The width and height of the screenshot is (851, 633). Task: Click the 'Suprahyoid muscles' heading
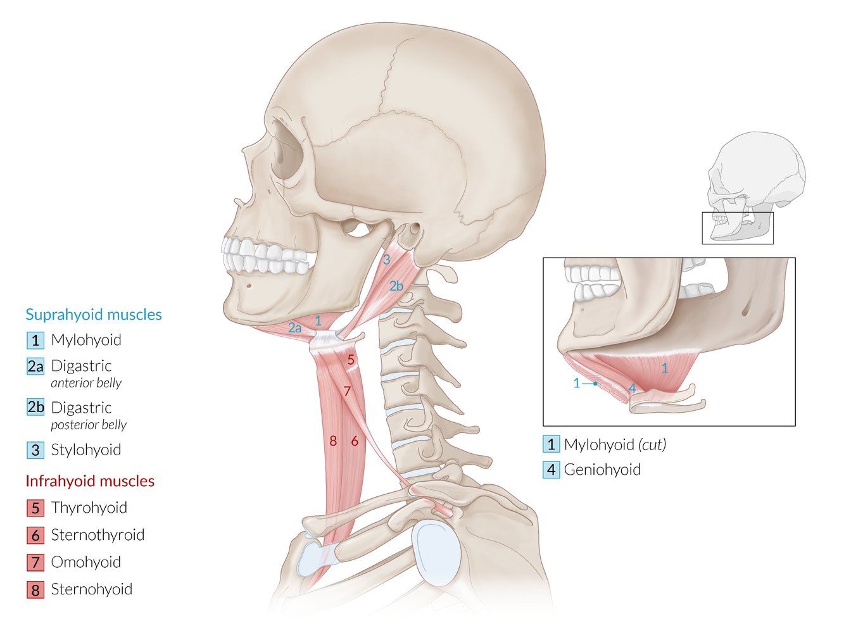[94, 315]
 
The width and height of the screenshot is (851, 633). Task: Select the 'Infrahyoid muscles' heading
[90, 481]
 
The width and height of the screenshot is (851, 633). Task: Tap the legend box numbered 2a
[35, 367]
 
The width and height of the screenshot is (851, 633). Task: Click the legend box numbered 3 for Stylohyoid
[35, 450]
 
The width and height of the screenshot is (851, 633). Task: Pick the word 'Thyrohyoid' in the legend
[89, 508]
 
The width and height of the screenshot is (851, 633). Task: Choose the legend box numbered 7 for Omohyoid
[35, 562]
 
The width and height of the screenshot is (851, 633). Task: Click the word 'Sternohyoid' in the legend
[92, 589]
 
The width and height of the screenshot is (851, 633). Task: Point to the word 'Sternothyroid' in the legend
[98, 535]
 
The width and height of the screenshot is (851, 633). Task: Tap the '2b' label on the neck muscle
[396, 286]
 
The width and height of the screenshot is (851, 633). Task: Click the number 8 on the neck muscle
[333, 441]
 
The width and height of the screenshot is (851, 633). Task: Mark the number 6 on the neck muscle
[355, 441]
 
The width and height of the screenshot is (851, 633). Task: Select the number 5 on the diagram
[350, 360]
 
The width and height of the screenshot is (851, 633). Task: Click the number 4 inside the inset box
[632, 388]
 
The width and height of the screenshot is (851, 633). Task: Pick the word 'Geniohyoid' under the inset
[602, 470]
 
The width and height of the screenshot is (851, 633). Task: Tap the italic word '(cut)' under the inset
[652, 444]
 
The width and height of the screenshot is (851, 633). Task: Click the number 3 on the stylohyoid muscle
[386, 260]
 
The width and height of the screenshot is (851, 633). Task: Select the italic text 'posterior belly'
[89, 425]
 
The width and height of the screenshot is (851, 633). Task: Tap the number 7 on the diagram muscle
[347, 391]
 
